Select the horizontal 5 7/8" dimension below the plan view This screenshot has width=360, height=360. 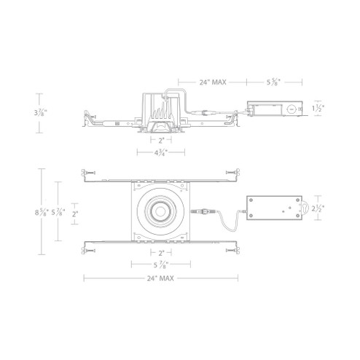[159, 265]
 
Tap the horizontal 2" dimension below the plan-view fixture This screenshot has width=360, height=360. [159, 251]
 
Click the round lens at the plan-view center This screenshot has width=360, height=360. [160, 212]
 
